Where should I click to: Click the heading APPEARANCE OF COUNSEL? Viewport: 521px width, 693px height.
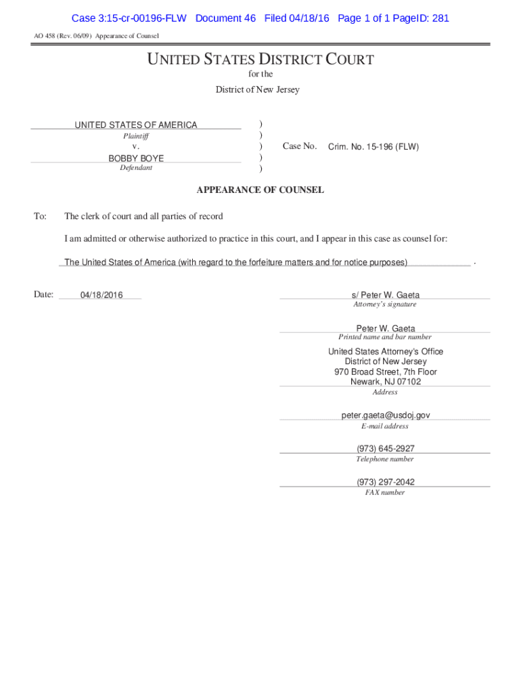[x=260, y=190]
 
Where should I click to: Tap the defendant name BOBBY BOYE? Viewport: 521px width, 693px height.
[x=136, y=158]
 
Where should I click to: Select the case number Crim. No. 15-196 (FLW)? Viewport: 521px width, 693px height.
[x=373, y=146]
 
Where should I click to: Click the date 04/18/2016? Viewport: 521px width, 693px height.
[x=101, y=295]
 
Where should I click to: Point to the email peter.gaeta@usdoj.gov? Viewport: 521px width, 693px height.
[x=386, y=415]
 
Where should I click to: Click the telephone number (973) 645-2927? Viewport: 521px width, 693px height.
[x=386, y=449]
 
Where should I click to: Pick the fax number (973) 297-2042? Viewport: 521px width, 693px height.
[x=386, y=482]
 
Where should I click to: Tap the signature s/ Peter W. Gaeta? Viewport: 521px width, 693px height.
[x=385, y=295]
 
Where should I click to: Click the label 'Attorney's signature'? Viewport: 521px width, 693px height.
[x=385, y=305]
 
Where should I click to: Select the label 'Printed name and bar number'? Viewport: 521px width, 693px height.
[x=385, y=337]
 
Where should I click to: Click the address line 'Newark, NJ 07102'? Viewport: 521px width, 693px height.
[x=386, y=382]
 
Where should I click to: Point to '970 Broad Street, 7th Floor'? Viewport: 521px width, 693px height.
[x=386, y=372]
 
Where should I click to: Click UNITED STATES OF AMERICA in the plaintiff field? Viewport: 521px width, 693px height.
[x=136, y=125]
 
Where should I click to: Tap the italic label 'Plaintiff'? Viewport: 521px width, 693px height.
[x=136, y=136]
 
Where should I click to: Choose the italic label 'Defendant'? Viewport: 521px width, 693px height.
[x=136, y=168]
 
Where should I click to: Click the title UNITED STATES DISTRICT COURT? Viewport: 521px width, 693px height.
[x=260, y=60]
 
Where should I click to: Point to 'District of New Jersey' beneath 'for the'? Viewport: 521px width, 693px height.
[x=257, y=89]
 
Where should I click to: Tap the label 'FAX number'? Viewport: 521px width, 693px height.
[x=385, y=493]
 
